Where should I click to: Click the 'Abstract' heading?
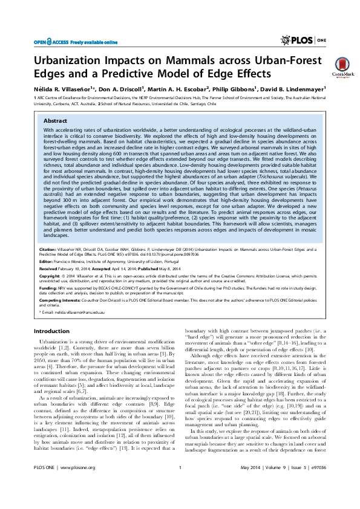(56, 121)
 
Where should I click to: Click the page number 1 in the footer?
(180, 485)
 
